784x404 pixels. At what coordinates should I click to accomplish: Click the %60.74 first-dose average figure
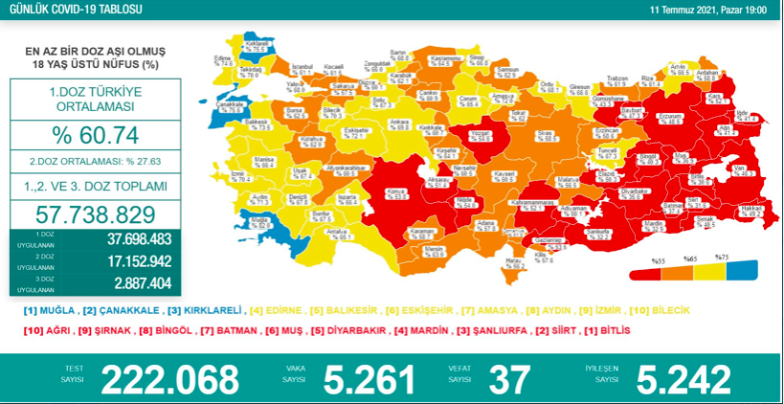pos(96,133)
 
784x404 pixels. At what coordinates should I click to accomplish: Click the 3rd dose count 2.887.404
pos(138,283)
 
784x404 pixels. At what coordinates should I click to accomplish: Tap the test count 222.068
pos(170,379)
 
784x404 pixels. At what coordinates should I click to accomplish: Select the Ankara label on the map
pos(400,123)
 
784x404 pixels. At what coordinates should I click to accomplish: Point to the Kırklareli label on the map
pos(256,45)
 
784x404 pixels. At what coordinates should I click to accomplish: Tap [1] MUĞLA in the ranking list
pos(47,311)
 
